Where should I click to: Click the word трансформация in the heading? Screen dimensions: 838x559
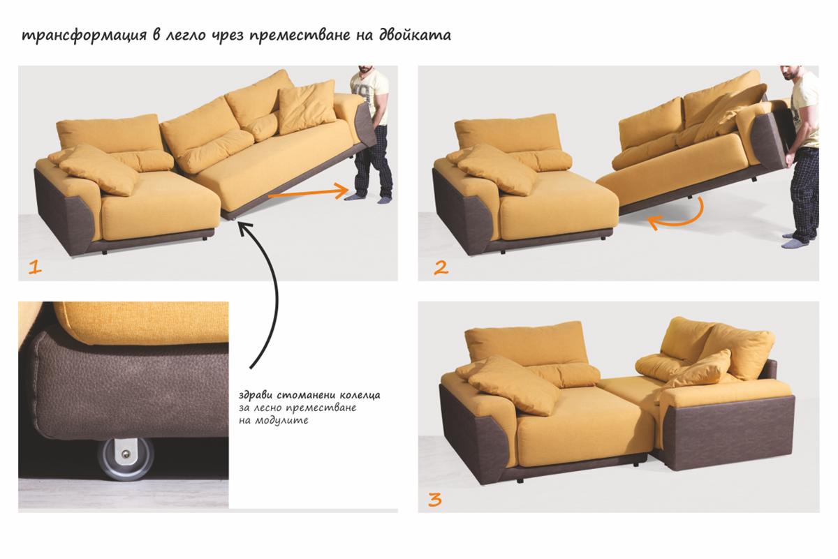point(84,36)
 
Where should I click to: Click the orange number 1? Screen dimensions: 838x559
point(35,267)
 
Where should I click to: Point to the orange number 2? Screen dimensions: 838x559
point(441,268)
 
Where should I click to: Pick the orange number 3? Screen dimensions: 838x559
point(434,500)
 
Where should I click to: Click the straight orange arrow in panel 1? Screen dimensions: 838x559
point(309,192)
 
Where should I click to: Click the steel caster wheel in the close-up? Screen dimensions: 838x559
point(126,459)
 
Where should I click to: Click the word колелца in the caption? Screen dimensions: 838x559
point(360,395)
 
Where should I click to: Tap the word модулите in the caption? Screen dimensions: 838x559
point(281,420)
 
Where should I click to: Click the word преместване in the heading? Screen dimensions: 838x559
point(300,36)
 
